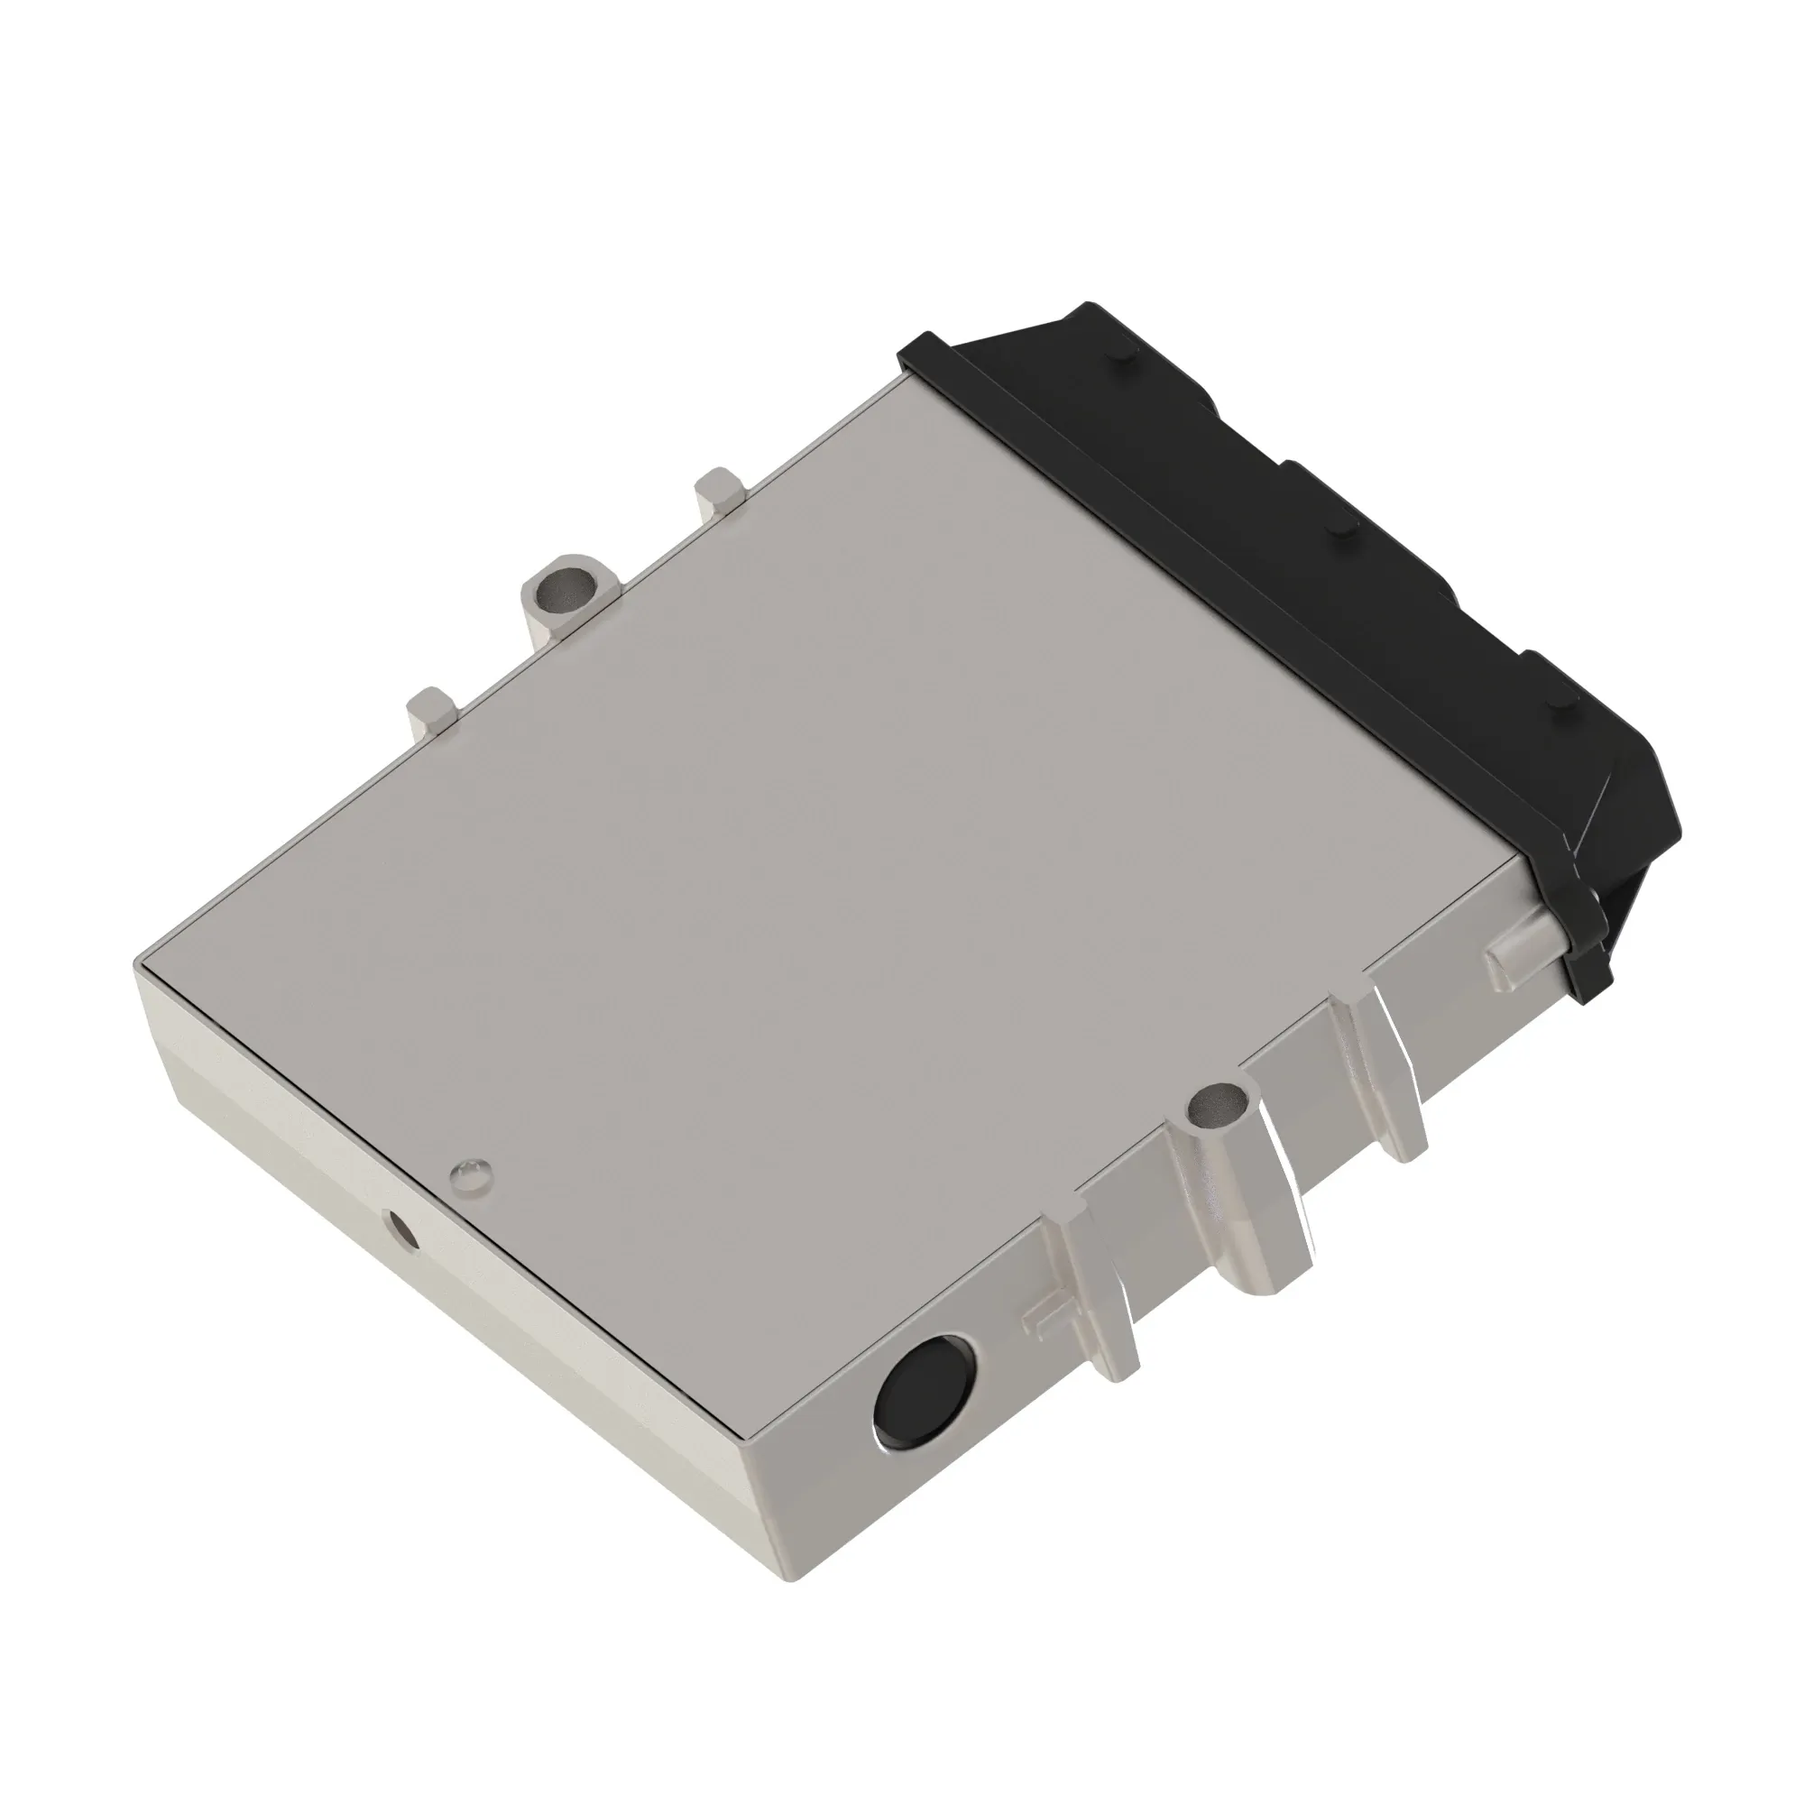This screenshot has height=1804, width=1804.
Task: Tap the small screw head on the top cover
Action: click(469, 1175)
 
